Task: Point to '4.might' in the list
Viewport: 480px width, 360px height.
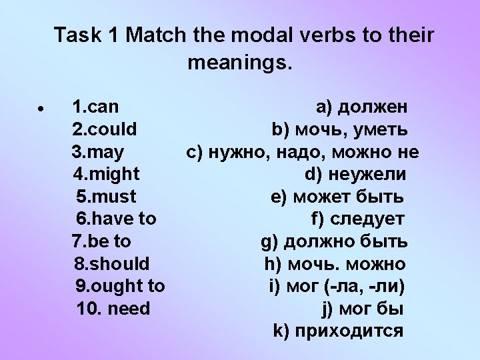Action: (x=105, y=175)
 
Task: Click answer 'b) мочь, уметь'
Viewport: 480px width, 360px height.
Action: (x=340, y=129)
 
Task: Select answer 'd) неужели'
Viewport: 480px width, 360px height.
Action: (x=355, y=175)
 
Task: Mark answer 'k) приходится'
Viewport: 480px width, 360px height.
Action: (x=339, y=331)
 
